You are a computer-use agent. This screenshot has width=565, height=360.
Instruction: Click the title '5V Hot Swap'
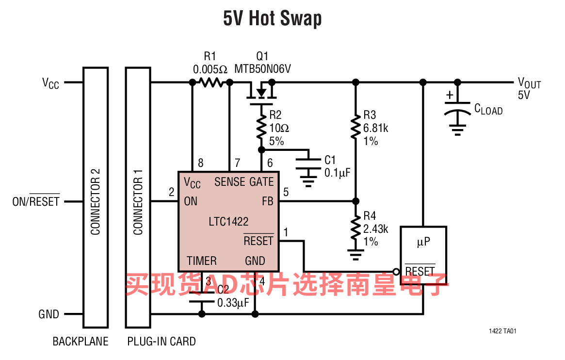click(273, 18)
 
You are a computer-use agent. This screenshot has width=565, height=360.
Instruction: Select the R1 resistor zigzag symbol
click(211, 82)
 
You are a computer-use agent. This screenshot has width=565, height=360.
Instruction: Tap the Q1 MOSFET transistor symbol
click(261, 93)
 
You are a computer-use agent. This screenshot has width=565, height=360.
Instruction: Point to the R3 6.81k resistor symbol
click(355, 127)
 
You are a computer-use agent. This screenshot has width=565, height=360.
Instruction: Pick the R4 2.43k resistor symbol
click(355, 227)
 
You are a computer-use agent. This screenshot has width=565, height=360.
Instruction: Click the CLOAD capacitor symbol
click(457, 108)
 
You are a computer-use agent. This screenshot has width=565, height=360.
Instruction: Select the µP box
click(423, 255)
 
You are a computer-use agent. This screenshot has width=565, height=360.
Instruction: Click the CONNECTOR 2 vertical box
click(96, 197)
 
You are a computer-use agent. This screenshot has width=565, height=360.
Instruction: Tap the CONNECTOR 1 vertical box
click(138, 197)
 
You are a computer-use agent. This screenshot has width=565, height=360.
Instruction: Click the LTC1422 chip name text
click(228, 221)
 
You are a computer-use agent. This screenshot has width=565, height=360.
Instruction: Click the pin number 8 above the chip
click(201, 163)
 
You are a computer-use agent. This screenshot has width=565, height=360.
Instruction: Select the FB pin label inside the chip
click(268, 201)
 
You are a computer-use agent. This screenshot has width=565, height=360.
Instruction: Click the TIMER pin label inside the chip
click(202, 261)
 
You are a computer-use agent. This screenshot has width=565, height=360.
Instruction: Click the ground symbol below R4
click(355, 254)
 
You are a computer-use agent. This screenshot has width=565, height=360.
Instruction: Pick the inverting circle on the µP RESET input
click(396, 272)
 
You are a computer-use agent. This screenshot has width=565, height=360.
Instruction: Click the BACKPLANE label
click(81, 341)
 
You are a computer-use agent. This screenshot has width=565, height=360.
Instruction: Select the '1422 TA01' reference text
click(502, 331)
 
